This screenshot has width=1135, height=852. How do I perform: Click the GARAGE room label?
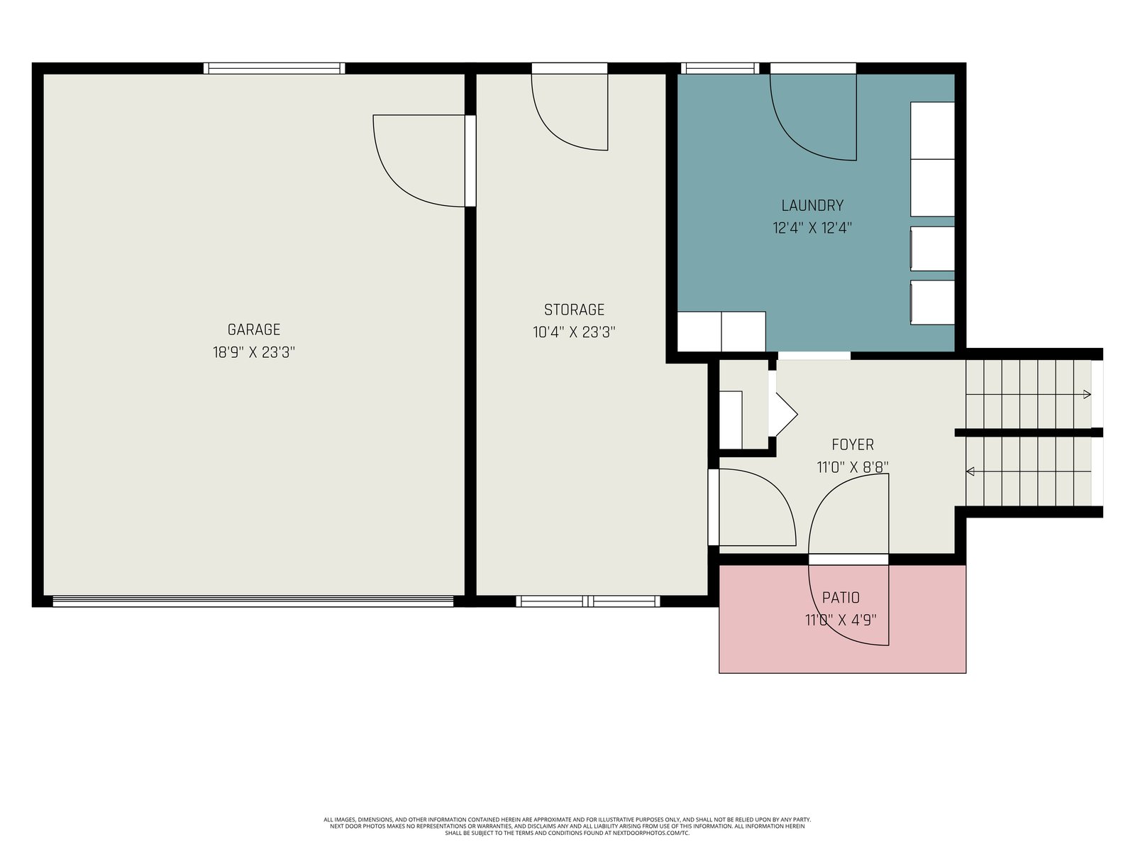[254, 329]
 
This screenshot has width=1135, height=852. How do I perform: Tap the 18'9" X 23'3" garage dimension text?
[254, 352]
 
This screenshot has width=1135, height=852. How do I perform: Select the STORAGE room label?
[574, 310]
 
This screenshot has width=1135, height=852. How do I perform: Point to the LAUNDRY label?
[812, 205]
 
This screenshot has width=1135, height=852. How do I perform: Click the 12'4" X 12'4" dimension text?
[812, 228]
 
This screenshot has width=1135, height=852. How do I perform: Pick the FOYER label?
[853, 444]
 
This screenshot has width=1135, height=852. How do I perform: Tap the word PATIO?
[841, 598]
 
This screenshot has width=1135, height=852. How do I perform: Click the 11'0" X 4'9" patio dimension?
[841, 620]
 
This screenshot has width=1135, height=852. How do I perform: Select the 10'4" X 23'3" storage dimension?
[574, 332]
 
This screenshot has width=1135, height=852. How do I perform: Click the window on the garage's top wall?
[274, 68]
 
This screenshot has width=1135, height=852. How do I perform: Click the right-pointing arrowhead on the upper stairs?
[1087, 394]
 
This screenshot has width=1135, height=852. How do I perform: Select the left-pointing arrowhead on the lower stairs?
[970, 471]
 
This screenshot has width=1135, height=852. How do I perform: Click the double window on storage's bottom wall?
[588, 601]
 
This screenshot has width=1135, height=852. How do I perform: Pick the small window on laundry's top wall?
[720, 68]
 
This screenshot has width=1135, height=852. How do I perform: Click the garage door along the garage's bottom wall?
[253, 601]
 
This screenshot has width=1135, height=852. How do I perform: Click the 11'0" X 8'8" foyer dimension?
[853, 467]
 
